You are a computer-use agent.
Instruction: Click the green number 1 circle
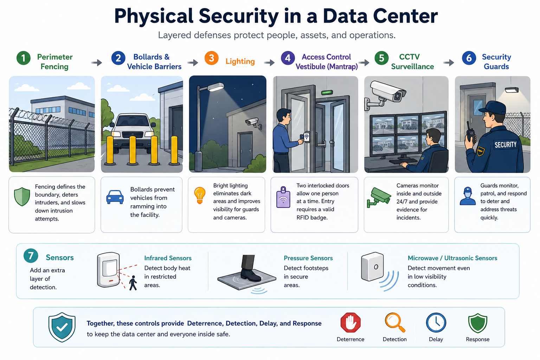(24, 58)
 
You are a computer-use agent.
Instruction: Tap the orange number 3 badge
(211, 58)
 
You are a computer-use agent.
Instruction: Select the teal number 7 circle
(31, 256)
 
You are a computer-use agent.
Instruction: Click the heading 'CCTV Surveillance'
(412, 62)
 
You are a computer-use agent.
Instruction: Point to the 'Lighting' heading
(240, 62)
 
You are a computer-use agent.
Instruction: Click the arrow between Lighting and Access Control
(269, 63)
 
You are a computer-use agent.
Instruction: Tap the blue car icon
(115, 197)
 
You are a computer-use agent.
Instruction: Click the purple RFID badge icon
(283, 197)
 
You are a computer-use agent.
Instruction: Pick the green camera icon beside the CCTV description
(379, 197)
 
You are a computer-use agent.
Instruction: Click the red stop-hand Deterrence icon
(351, 323)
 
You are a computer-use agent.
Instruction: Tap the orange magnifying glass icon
(395, 322)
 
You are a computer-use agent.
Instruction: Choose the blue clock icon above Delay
(436, 323)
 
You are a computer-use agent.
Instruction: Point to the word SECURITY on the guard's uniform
(506, 145)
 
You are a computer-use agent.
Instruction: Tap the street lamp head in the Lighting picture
(215, 87)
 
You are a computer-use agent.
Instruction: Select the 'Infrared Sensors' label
(168, 258)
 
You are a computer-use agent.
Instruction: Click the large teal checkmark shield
(62, 327)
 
